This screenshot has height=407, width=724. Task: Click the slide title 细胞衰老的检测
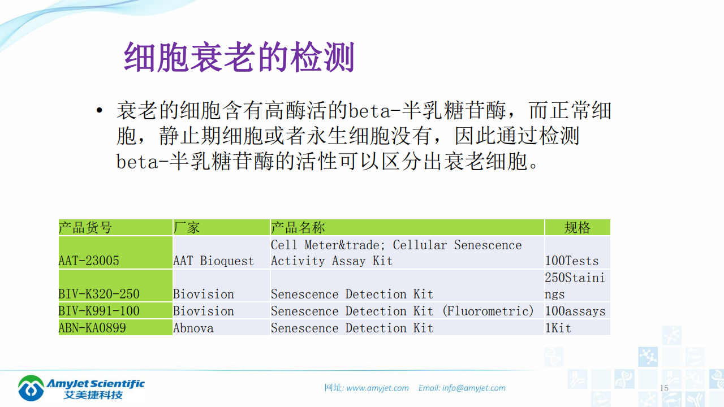point(239,57)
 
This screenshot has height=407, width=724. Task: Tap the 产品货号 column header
point(85,228)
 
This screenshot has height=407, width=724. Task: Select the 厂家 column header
point(187,228)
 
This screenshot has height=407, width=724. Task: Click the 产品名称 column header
point(298,228)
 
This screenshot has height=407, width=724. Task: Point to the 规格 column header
point(577,228)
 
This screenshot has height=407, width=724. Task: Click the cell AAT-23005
point(89,261)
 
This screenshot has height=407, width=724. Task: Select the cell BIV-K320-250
point(99,294)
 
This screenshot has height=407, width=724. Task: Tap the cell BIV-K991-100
point(99,311)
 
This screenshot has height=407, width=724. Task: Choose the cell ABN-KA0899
point(92,328)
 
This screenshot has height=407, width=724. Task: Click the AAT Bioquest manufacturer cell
point(213,261)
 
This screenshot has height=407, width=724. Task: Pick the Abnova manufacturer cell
point(193,328)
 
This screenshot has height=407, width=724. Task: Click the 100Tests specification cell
point(572,261)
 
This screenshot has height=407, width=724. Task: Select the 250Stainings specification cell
point(575,285)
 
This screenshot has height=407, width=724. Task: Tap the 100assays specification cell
point(575,311)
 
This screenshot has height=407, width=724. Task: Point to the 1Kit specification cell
point(558,328)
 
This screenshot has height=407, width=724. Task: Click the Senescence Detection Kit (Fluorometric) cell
point(402,311)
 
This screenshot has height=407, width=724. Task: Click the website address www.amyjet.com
point(377,388)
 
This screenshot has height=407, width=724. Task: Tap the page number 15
point(664,388)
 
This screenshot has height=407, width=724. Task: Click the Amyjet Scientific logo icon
point(31,388)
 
